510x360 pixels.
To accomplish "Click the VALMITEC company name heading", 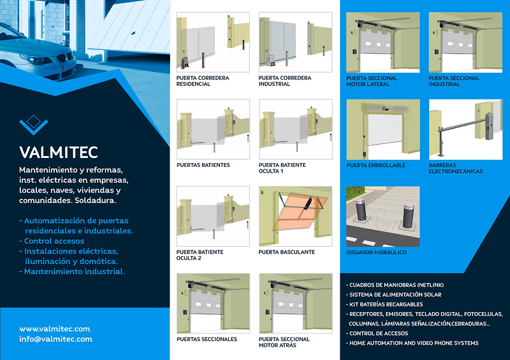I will [58, 152].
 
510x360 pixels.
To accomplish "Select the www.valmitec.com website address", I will [54, 329].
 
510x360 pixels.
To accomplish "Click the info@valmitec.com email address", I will [55, 339].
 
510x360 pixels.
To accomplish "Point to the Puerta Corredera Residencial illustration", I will [212, 41].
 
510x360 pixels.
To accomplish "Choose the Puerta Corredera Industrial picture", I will [295, 41].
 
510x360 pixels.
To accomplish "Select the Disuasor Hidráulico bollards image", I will [382, 216].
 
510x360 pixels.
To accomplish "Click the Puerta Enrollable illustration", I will [382, 129].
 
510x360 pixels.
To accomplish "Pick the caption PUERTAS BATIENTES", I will [203, 165].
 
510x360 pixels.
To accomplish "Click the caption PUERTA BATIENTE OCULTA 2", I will [200, 255].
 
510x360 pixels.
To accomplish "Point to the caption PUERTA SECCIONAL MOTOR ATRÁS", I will [284, 342].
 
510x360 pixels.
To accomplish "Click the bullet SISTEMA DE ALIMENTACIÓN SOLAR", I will [395, 295].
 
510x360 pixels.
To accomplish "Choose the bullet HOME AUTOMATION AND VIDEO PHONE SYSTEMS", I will [413, 343].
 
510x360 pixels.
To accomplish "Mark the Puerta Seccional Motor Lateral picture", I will [382, 41].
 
